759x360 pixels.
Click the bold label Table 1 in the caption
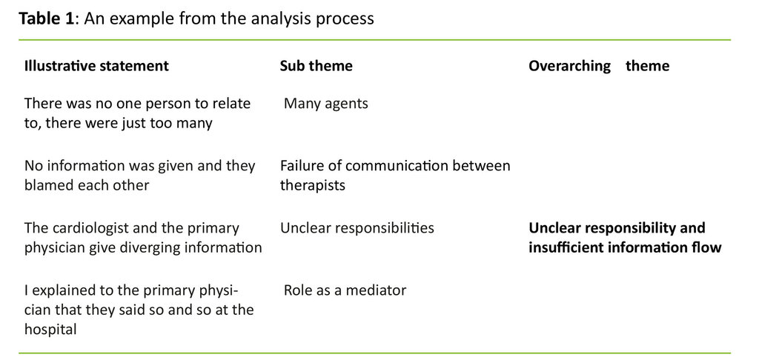click(47, 19)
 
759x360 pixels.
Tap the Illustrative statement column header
click(96, 66)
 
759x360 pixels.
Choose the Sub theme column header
click(316, 66)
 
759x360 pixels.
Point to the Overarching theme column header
click(598, 66)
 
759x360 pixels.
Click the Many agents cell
click(325, 104)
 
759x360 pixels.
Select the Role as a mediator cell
click(345, 290)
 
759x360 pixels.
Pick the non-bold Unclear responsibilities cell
click(357, 228)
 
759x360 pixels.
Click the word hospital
click(50, 330)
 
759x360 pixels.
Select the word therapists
click(311, 185)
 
